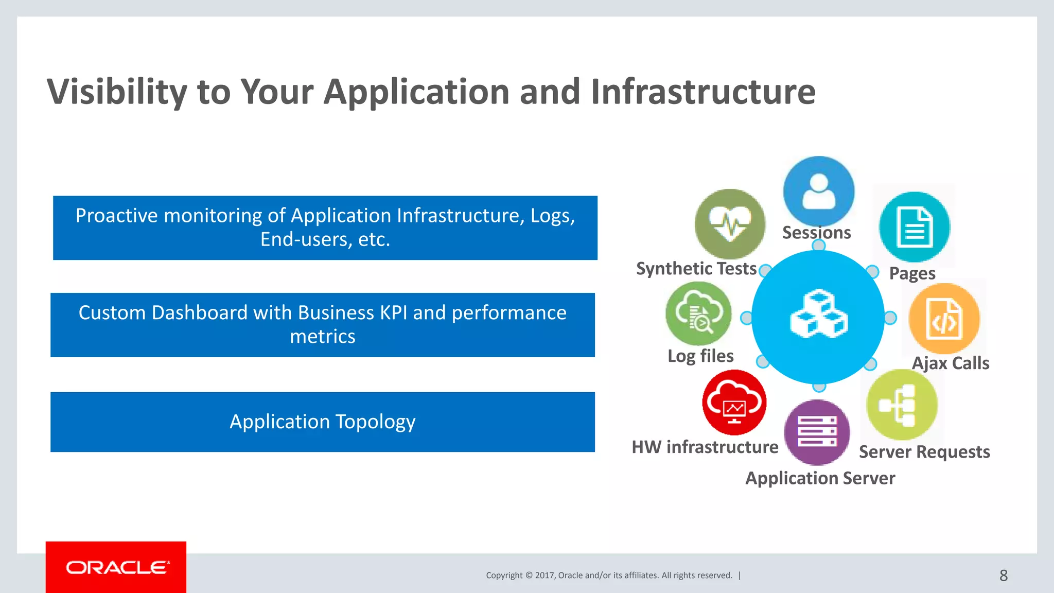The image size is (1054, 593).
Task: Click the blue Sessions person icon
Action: point(818,191)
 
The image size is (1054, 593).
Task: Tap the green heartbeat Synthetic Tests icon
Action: point(730,224)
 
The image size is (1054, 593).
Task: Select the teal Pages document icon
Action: point(915,227)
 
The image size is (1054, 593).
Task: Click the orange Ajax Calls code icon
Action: point(944,319)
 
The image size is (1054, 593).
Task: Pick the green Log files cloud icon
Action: point(698,313)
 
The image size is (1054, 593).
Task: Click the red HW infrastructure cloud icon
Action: point(734,403)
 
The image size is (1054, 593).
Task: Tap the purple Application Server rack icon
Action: point(817,432)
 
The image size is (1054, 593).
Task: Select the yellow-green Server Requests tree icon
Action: point(902,405)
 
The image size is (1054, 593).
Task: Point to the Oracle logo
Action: point(116,567)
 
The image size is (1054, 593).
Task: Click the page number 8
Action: point(1003,575)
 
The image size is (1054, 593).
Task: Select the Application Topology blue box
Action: point(323,422)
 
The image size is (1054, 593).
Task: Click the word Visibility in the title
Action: point(117,92)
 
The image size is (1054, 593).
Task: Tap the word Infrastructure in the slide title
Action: point(703,92)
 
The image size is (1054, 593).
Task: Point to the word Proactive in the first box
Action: point(116,216)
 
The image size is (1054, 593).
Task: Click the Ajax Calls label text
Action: point(950,363)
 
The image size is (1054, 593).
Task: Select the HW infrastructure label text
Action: point(705,447)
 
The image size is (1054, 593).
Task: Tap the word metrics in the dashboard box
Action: point(323,337)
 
